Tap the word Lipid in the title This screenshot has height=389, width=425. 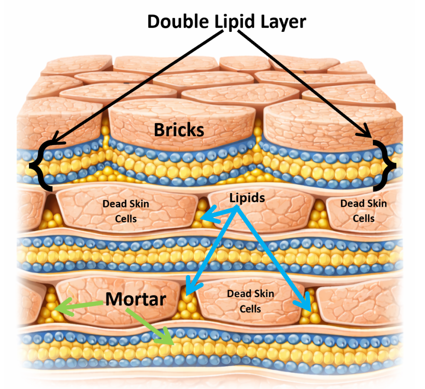(236, 21)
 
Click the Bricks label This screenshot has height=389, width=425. (179, 130)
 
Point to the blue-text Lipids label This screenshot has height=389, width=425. (247, 198)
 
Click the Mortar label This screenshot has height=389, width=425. (135, 299)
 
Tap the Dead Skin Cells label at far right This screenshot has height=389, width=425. (364, 210)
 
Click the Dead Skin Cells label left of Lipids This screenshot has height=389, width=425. (126, 210)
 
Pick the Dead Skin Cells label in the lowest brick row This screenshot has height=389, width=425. (250, 301)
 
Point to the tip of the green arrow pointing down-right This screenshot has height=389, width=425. (171, 343)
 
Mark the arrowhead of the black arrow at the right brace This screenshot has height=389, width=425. (369, 134)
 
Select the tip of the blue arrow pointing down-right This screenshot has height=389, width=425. (310, 309)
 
